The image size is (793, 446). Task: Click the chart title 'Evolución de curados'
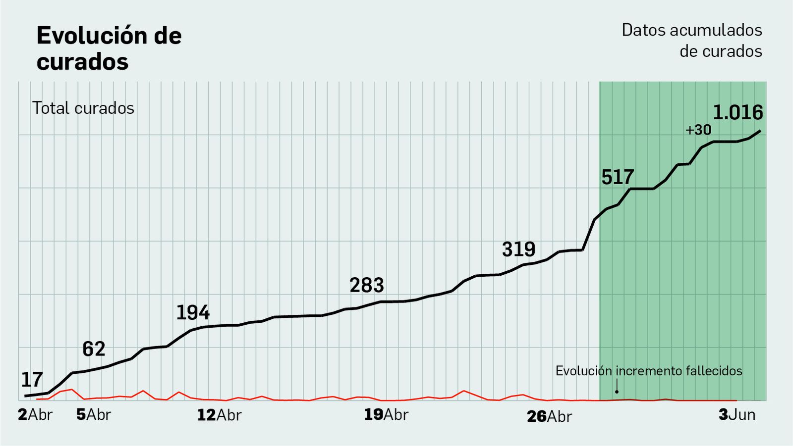pos(109,49)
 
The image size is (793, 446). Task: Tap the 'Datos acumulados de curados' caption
pos(692,41)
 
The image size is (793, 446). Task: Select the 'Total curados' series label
pos(83,108)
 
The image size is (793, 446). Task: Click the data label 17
pos(32,380)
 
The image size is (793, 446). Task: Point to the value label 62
pos(94,349)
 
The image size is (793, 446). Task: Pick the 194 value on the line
pos(193,313)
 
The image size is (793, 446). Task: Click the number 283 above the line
pos(367,286)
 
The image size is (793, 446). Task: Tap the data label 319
pos(518,249)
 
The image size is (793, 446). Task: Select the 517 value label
pos(618,177)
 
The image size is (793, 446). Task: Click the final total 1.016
pos(737,113)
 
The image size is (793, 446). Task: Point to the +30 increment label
pos(698,130)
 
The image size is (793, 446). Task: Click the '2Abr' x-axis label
pos(35,415)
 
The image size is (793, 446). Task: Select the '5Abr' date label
pos(94,415)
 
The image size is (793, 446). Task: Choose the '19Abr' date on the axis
pos(386,415)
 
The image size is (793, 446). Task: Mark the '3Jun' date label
pos(737,415)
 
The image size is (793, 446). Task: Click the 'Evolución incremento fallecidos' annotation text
pos(649,371)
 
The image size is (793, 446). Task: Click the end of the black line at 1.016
pos(760,131)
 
